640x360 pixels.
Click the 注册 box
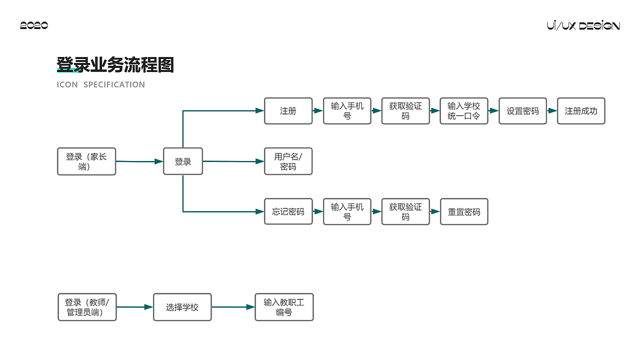tap(288, 111)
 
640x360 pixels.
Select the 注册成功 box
tap(581, 111)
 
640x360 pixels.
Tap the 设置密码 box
tap(522, 111)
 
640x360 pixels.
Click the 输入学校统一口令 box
tap(463, 111)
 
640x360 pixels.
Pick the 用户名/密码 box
tap(288, 161)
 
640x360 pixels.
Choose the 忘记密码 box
tap(288, 211)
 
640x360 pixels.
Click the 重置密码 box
tap(463, 211)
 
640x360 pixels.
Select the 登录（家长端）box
tap(86, 161)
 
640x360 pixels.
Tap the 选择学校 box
tap(182, 307)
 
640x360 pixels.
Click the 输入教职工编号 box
tap(284, 307)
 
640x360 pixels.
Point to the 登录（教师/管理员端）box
tap(87, 307)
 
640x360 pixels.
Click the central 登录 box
tap(183, 161)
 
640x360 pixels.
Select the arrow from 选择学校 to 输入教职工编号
tap(233, 307)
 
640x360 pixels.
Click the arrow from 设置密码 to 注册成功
tap(552, 111)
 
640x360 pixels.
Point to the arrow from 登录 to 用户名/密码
tap(233, 161)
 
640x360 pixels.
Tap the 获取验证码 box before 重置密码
tap(405, 211)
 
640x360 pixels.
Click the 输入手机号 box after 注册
tap(347, 111)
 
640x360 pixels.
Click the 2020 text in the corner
tap(34, 25)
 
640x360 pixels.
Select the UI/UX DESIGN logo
tap(583, 25)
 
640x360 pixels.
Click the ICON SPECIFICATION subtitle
tap(101, 84)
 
